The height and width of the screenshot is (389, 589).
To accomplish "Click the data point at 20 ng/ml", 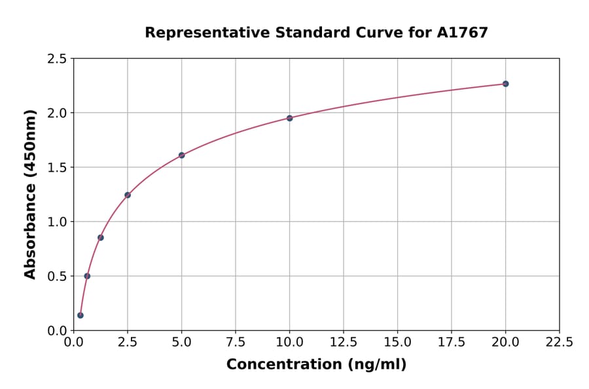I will point(505,84).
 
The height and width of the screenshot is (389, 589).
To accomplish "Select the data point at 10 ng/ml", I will point(289,118).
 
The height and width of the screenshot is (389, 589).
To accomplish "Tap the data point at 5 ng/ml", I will point(181,155).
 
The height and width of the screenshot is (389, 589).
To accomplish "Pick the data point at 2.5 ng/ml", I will point(128,194).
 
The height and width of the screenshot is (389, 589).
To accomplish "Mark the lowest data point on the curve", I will point(80,315).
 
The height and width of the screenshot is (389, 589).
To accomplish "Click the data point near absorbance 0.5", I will point(87,276).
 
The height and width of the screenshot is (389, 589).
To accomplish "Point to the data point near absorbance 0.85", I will point(101,237).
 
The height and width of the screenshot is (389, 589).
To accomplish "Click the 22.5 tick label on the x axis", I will point(559,342).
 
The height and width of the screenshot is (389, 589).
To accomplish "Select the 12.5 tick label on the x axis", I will point(344,342).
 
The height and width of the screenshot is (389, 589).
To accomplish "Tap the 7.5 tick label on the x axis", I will point(236,342).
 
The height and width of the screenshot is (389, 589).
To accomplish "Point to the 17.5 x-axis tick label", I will point(451,342).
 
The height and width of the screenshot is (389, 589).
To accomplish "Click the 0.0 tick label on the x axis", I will point(74,342).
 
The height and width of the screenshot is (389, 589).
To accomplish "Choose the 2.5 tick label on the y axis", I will point(57,59).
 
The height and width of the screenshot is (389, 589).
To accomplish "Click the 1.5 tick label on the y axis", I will point(57,168).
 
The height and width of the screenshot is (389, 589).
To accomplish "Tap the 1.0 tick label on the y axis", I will point(57,222).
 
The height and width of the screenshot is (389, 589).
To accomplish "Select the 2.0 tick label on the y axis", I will point(57,113).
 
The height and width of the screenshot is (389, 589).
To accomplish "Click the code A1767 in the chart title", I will point(462,32).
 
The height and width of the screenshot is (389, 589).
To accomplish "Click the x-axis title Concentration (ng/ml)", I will point(316,364).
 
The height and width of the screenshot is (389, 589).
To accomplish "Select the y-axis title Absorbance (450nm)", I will point(30,194).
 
